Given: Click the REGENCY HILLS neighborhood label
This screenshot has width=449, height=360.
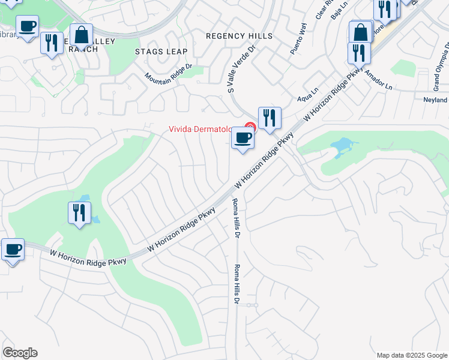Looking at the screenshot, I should [239, 36].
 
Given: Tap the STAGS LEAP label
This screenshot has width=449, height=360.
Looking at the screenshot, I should [161, 52].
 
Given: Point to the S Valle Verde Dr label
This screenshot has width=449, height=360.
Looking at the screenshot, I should [241, 68].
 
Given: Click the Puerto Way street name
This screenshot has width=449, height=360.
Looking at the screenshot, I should [298, 40].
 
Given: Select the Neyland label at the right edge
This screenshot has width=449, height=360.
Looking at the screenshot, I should [435, 100].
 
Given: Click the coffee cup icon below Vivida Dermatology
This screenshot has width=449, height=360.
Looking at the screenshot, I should [243, 138].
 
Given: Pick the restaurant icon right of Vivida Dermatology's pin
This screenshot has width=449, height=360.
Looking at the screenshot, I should [270, 117].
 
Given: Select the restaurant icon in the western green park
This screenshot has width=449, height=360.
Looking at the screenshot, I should [79, 212].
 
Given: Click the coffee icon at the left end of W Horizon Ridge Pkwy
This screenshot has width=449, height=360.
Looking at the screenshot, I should [13, 249].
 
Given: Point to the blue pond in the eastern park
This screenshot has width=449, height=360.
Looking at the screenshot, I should [341, 145].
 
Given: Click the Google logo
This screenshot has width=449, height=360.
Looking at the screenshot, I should [20, 353].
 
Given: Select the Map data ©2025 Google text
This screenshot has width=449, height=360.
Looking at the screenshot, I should [411, 355].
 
